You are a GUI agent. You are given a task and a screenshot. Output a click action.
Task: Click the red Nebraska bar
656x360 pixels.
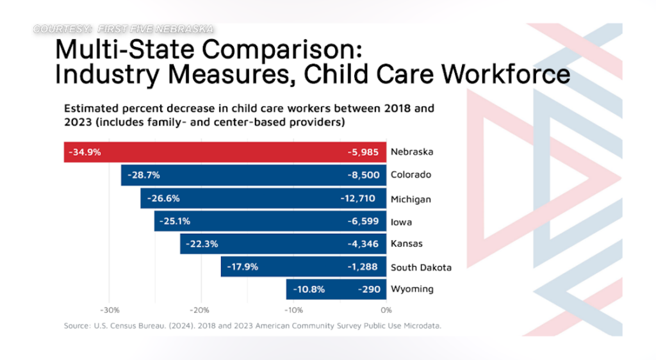click(224, 152)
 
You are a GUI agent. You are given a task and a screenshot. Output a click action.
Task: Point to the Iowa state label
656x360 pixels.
click(401, 222)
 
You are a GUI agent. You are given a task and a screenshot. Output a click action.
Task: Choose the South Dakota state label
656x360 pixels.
click(421, 267)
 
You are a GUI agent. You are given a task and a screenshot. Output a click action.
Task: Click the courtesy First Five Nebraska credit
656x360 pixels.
click(123, 29)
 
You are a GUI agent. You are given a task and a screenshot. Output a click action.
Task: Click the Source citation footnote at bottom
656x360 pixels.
click(252, 326)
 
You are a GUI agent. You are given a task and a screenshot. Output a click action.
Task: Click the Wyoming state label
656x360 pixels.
click(412, 289)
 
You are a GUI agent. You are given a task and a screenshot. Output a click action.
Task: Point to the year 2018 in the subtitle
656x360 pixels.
click(373, 108)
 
